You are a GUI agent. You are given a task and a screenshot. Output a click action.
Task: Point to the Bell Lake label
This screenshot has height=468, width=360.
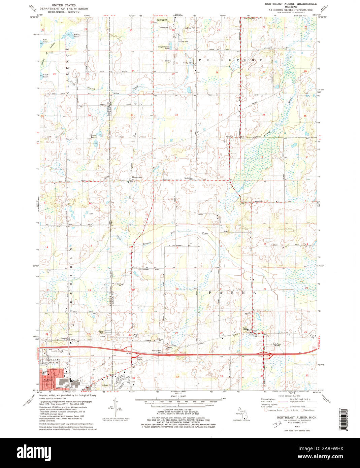click(x=45, y=41)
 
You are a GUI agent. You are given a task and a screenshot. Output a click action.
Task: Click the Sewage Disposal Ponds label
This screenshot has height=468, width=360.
click(x=166, y=47)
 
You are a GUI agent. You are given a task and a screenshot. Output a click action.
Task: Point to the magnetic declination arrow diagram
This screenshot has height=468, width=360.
click(x=116, y=406)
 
